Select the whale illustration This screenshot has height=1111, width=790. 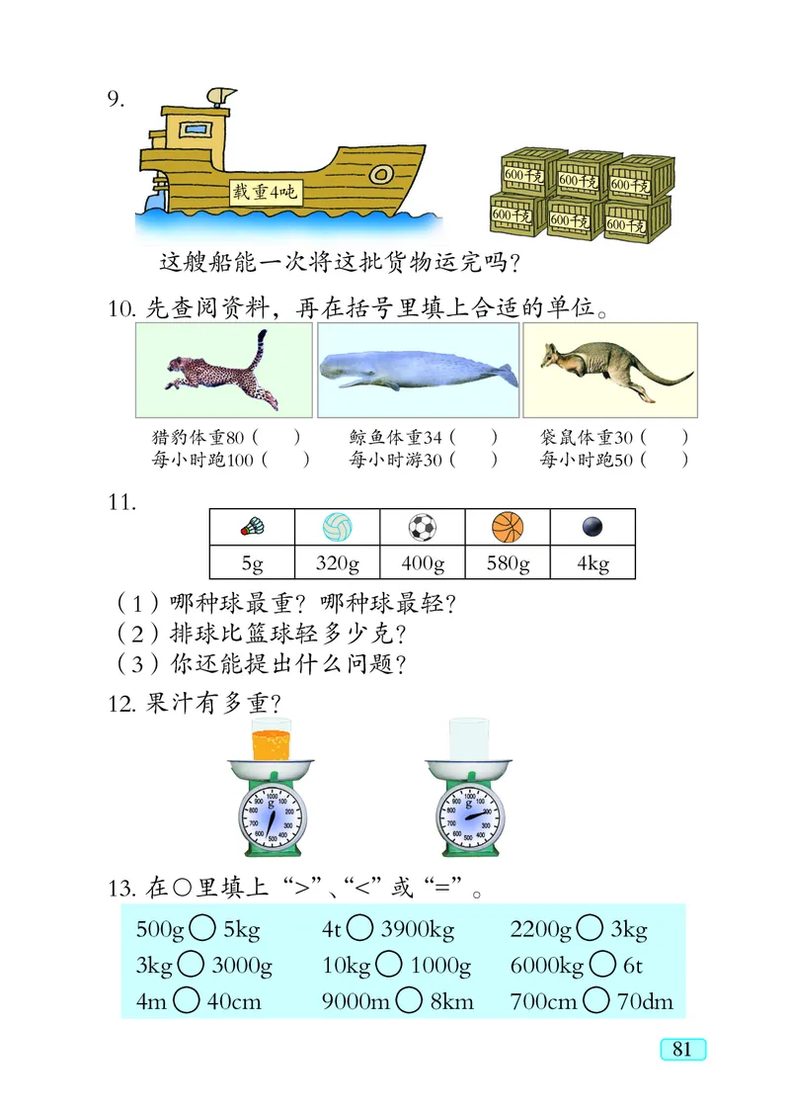point(417,370)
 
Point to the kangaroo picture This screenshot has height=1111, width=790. point(609,370)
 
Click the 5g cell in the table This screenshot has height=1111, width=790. point(252,564)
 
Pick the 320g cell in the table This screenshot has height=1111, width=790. point(337,564)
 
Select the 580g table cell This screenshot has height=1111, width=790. point(508,564)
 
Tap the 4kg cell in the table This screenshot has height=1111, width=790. point(592,564)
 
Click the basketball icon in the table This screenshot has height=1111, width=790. point(508,527)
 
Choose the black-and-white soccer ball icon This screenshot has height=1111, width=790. point(423,527)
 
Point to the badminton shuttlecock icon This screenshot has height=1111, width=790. point(252,527)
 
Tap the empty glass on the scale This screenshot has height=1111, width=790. point(469,739)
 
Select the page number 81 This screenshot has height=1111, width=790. point(681,1049)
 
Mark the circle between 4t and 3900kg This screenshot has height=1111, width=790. point(360,929)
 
